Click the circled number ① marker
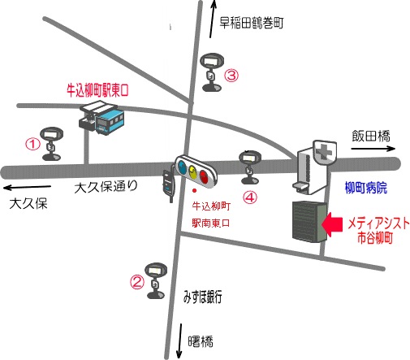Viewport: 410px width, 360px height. tap(32, 144)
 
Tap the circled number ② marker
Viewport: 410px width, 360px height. tap(137, 282)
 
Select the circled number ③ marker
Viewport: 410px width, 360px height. tap(231, 76)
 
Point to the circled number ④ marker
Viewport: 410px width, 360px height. tap(249, 197)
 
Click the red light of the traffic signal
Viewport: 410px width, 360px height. tap(204, 176)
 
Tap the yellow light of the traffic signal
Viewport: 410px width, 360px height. tap(192, 171)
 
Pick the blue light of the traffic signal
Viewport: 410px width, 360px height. tap(181, 167)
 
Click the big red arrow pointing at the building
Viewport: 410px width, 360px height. tap(332, 224)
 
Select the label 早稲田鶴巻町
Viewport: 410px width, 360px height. tap(252, 23)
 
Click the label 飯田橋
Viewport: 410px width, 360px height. tap(371, 136)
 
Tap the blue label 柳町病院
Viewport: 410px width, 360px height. tap(366, 188)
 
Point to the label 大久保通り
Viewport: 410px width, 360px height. tap(106, 187)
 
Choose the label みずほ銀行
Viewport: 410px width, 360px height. tap(203, 297)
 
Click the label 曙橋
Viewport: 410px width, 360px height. tap(201, 341)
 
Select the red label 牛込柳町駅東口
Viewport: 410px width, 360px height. tap(97, 90)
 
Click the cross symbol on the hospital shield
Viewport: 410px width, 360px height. tap(325, 153)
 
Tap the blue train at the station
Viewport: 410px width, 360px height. tap(110, 122)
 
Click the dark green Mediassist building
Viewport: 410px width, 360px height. tap(309, 222)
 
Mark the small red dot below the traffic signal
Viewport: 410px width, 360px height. tap(194, 191)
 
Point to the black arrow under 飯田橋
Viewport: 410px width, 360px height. tap(373, 149)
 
